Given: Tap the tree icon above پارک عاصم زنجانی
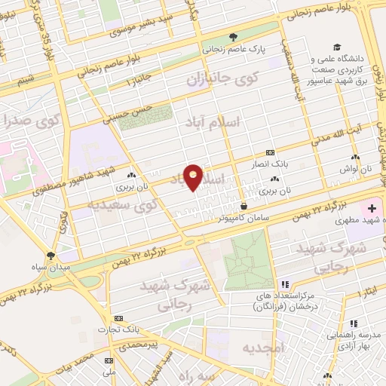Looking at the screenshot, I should coord(233,35).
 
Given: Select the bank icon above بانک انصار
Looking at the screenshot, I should coord(270,151).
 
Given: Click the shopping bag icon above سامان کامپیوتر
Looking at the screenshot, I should coord(244,205).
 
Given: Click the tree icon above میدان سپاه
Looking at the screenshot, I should coord(51,256).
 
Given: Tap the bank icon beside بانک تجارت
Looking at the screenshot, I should coord(118,319).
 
